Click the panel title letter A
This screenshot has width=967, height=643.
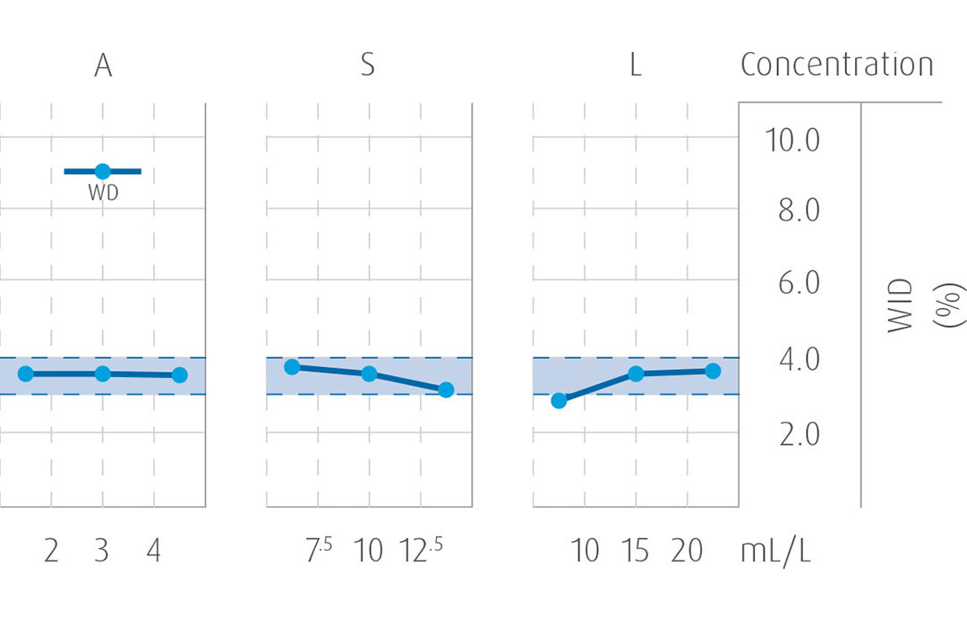[x=103, y=66]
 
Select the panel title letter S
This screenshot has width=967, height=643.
[x=367, y=66]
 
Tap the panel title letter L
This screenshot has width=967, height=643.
[x=636, y=66]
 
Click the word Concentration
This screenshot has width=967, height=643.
[x=836, y=65]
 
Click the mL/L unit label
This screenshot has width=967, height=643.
[x=775, y=551]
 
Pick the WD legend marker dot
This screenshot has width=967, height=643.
[x=102, y=171]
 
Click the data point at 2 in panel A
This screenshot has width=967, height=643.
[x=26, y=373]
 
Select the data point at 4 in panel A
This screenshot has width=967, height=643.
[x=179, y=374]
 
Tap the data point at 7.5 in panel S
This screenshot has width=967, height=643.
[x=292, y=367]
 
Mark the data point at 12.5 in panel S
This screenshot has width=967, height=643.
[x=446, y=390]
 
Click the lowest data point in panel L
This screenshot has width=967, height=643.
[x=559, y=400]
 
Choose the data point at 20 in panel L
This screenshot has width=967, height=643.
[x=713, y=371]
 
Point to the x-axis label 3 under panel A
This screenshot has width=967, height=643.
[x=102, y=551]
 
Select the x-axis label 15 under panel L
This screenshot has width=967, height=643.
[x=636, y=551]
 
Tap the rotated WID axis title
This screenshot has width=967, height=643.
[x=901, y=306]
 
